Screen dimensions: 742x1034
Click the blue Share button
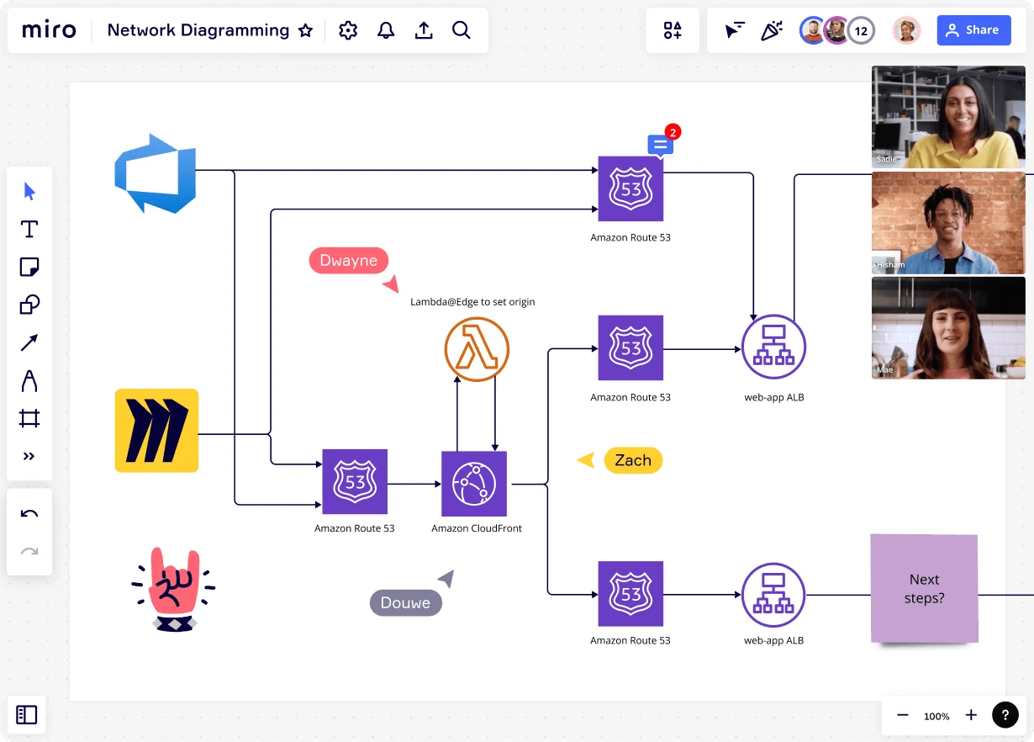tap(973, 30)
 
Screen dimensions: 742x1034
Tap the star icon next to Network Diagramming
tap(305, 31)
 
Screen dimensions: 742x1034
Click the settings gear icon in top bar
tap(348, 31)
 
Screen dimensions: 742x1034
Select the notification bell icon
tap(386, 31)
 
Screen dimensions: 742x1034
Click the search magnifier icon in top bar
tap(461, 31)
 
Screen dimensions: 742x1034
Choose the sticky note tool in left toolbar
tap(29, 268)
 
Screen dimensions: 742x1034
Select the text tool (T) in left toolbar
tap(29, 229)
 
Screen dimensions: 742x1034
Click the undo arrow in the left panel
tap(29, 514)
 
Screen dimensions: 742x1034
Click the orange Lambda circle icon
tap(477, 350)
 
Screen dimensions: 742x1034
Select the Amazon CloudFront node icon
tap(474, 484)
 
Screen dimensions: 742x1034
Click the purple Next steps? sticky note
tap(924, 589)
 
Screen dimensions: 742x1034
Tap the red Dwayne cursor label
tap(349, 261)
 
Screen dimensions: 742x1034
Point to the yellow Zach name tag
tap(633, 460)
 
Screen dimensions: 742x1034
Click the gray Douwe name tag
tap(405, 602)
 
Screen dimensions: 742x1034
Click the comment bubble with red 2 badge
tap(661, 145)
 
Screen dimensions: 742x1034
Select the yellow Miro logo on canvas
tap(156, 430)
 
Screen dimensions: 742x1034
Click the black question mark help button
tap(1005, 715)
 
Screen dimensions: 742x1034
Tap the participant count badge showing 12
tap(861, 31)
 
